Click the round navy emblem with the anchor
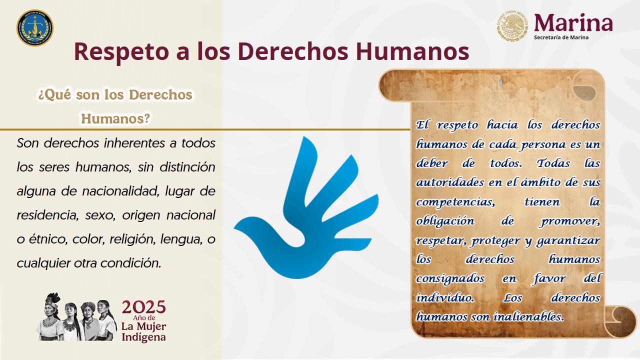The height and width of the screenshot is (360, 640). pyautogui.click(x=35, y=28)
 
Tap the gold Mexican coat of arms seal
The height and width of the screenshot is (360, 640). pyautogui.click(x=512, y=25)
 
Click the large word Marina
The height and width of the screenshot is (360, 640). pyautogui.click(x=573, y=22)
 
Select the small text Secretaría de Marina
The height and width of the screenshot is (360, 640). pyautogui.click(x=561, y=37)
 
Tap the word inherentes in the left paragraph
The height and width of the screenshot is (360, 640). pyautogui.click(x=134, y=143)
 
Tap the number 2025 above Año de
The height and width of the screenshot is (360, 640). pyautogui.click(x=143, y=307)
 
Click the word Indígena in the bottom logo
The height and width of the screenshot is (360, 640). pyautogui.click(x=143, y=337)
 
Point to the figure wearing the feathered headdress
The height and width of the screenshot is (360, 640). pyautogui.click(x=51, y=316)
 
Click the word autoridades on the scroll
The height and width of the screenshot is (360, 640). pyautogui.click(x=450, y=182)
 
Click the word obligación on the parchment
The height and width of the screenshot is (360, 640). pyautogui.click(x=445, y=221)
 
